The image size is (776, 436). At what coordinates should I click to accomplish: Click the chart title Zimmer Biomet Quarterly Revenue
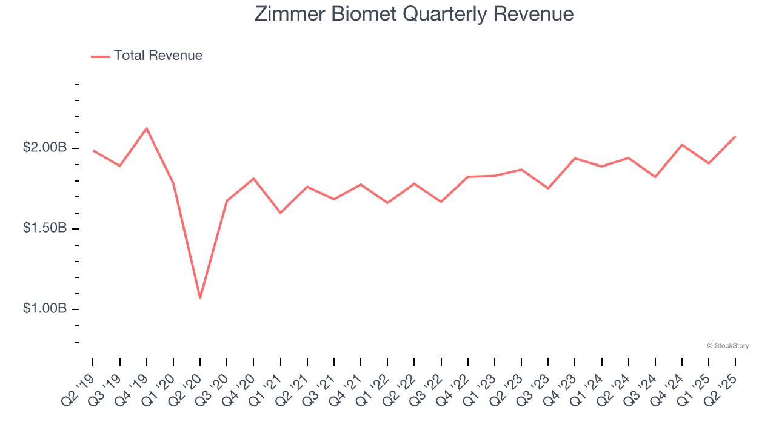point(414,14)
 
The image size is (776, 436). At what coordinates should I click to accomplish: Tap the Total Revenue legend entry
point(147,56)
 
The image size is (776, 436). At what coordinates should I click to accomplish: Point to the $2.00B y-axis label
point(45,148)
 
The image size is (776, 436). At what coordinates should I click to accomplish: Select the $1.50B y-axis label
point(45,228)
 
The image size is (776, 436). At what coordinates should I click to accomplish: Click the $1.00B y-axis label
point(45,309)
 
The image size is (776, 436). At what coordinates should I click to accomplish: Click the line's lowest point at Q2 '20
point(200,298)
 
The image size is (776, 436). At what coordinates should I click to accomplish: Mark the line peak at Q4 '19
point(147,128)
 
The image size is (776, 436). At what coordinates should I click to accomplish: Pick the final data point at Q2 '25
point(735,136)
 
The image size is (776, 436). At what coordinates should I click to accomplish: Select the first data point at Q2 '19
point(93,150)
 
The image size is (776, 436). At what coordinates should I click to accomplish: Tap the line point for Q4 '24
point(682,145)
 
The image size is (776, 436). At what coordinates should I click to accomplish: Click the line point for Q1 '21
point(281,213)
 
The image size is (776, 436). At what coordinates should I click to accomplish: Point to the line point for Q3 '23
point(548,188)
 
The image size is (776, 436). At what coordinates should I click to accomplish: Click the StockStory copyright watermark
point(727,346)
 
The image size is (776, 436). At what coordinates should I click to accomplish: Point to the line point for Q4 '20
point(253,179)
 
